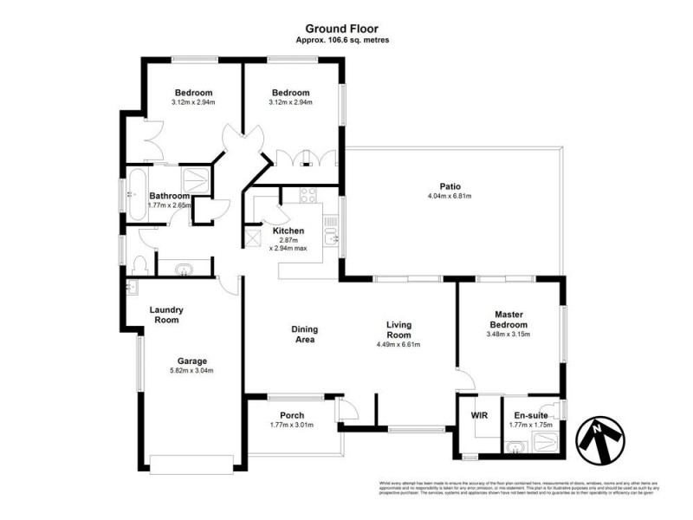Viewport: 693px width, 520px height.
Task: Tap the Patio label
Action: (449, 185)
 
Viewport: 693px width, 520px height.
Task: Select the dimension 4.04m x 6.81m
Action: (449, 195)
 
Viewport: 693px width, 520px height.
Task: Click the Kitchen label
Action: (288, 231)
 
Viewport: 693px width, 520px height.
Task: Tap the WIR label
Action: (479, 415)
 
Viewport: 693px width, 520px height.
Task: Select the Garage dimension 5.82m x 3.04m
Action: (191, 370)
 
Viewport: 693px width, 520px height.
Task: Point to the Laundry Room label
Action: (165, 314)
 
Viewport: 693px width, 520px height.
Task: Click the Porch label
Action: (291, 415)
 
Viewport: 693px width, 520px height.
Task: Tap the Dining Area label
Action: (302, 334)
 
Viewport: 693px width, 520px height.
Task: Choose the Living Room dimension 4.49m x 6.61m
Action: (398, 343)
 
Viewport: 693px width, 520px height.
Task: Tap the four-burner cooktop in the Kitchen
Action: (308, 195)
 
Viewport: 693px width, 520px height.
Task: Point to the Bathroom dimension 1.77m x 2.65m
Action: (169, 205)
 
